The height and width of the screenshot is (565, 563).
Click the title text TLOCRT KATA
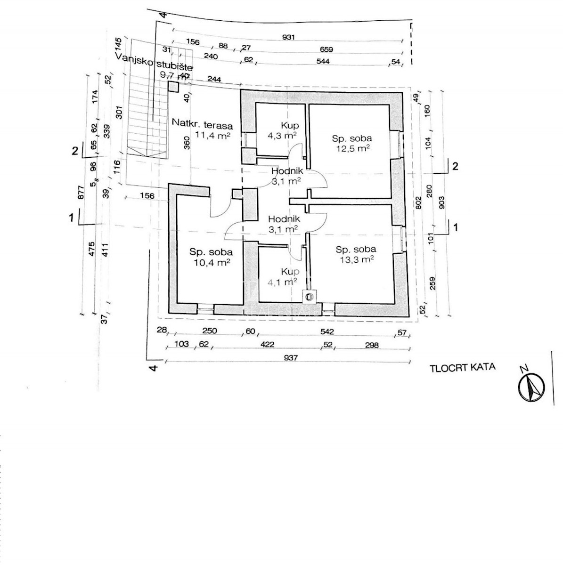[462, 367]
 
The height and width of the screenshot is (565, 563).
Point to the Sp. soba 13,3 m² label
[355, 254]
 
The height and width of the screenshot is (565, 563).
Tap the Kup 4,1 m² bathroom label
[283, 276]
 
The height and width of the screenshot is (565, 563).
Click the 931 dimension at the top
[288, 37]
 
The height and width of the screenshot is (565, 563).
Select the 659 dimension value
[326, 49]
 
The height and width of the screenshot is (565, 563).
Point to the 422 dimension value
[267, 344]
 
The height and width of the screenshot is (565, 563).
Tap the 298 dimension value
[372, 345]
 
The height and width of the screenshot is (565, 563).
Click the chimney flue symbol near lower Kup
[309, 297]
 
